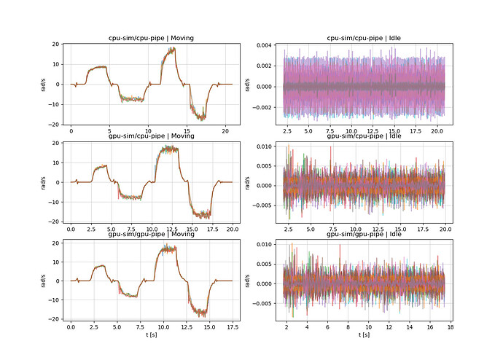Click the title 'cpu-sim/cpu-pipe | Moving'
[152, 38]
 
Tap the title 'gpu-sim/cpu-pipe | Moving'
[152, 136]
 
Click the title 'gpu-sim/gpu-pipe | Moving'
[152, 234]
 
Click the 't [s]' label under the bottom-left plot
[152, 337]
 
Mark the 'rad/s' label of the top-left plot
[44, 84]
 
